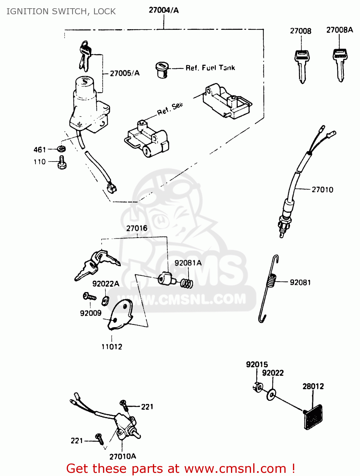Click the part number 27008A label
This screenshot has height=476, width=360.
click(339, 30)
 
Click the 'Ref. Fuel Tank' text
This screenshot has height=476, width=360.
click(210, 68)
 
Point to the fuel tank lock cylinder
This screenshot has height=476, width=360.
click(162, 69)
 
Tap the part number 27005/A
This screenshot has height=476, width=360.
click(125, 73)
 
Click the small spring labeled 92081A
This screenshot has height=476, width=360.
click(187, 282)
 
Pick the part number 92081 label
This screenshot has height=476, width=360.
click(300, 282)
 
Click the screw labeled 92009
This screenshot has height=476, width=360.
click(89, 297)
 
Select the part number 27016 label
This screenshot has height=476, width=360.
click(137, 228)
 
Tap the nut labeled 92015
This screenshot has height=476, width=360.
click(258, 387)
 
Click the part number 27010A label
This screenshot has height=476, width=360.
click(123, 456)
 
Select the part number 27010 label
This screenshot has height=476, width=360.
click(322, 190)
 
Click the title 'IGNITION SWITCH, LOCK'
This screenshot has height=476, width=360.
click(61, 11)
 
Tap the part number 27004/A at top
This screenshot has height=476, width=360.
click(164, 10)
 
